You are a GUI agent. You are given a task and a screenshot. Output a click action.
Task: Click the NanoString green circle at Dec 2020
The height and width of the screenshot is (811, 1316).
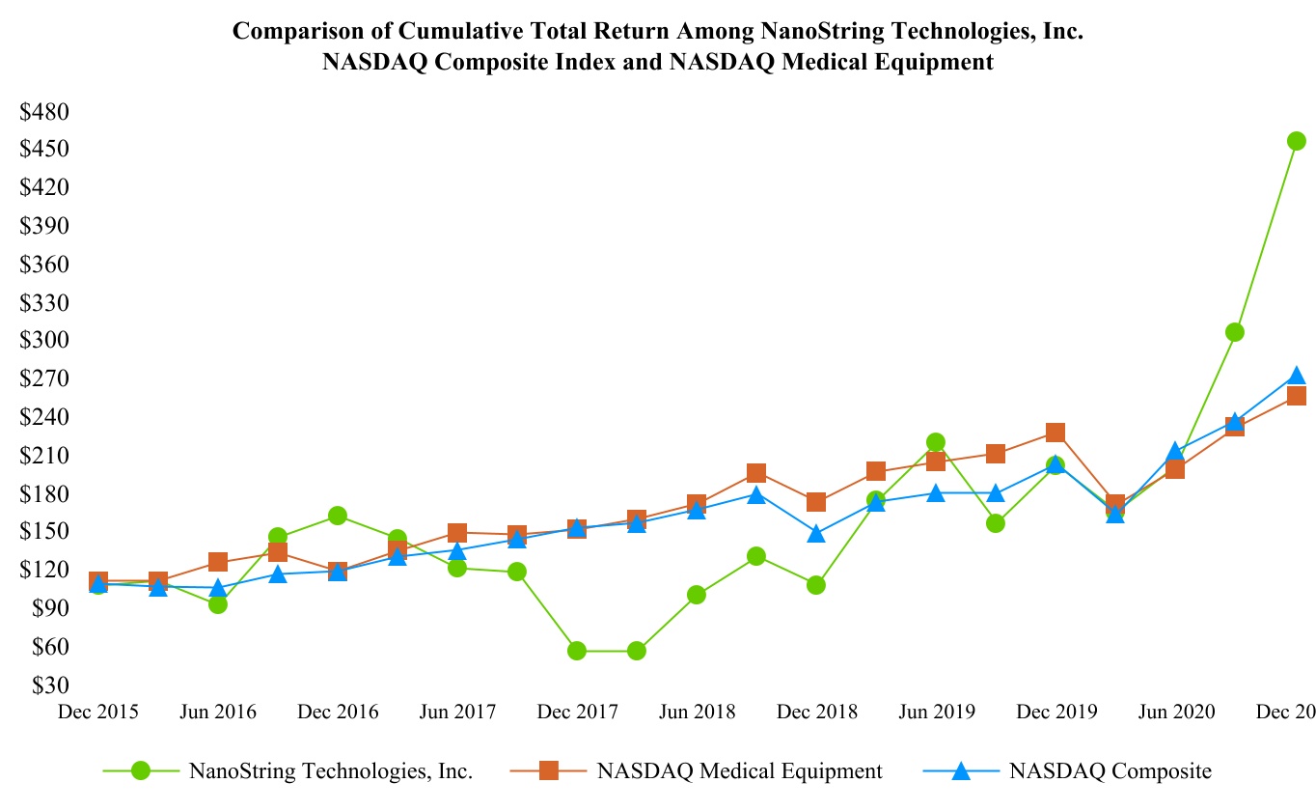[1296, 141]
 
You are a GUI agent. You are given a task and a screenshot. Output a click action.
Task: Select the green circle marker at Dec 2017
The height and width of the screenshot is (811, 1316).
[577, 651]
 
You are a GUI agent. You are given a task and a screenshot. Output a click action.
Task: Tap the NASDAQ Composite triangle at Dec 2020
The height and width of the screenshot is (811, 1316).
[1296, 377]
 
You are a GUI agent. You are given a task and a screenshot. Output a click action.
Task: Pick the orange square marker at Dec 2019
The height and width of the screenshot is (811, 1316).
[1056, 433]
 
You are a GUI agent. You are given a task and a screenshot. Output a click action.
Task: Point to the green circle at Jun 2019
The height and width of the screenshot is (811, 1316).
[935, 442]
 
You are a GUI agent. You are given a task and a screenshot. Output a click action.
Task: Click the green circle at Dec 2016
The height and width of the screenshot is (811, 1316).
[338, 516]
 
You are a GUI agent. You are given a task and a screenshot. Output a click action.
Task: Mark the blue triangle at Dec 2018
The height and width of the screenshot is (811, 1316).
[816, 534]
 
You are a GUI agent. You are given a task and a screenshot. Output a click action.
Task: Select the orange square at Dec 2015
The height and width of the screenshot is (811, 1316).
[98, 581]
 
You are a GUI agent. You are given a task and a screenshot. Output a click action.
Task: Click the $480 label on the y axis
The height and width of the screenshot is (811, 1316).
[44, 112]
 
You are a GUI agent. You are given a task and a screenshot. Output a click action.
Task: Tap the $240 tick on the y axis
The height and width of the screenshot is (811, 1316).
[44, 417]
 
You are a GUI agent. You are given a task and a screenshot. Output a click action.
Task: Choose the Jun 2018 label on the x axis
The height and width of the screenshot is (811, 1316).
[697, 713]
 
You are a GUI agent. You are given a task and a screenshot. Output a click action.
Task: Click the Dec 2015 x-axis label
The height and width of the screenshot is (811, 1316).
[98, 713]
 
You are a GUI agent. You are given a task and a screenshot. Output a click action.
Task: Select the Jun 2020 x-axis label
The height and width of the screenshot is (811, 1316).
[1175, 713]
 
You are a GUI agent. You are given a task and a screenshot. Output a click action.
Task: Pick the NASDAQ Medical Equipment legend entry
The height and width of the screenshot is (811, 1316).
[739, 770]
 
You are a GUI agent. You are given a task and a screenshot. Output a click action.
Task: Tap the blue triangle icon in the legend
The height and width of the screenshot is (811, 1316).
[961, 770]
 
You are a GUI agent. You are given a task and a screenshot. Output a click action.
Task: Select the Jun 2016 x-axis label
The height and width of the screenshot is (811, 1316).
[218, 713]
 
